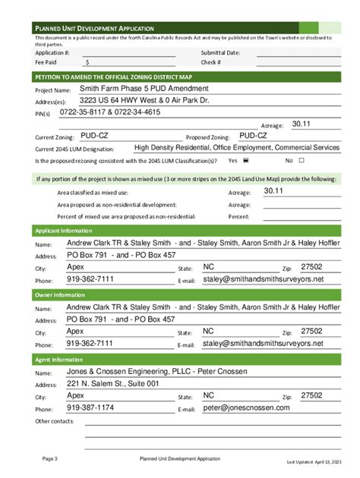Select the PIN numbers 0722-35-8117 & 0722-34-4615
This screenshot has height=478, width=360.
coord(115,112)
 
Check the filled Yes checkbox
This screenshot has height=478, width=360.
coord(245,161)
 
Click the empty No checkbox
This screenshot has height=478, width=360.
coord(302,161)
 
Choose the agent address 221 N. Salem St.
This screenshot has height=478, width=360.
coord(113,384)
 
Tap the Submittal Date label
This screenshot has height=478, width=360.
coord(220,53)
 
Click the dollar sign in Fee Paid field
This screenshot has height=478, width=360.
coord(87,63)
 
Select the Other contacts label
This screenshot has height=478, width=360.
coord(55,421)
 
